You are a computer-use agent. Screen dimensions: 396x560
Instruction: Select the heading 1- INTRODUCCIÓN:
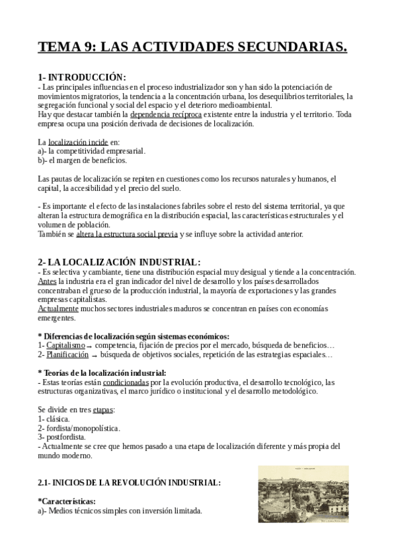click(x=81, y=77)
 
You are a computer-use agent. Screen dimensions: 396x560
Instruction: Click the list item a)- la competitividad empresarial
click(x=92, y=151)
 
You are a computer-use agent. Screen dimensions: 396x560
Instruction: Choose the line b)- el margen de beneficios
click(x=83, y=160)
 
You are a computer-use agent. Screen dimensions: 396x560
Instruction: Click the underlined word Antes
click(x=48, y=281)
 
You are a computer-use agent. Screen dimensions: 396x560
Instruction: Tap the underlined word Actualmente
click(x=58, y=308)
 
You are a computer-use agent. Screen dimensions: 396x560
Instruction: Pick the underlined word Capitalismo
click(x=65, y=345)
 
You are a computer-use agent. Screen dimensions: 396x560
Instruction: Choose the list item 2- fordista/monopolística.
click(x=79, y=428)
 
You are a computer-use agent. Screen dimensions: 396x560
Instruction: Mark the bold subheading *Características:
click(x=67, y=501)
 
